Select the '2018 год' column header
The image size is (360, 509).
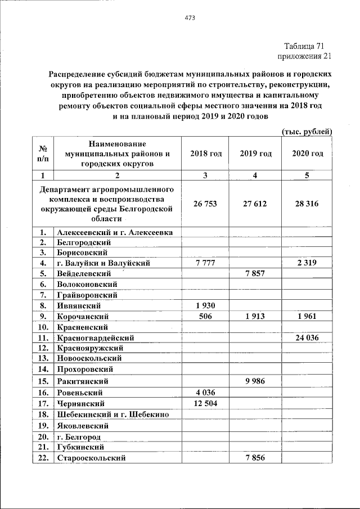pyautogui.click(x=206, y=154)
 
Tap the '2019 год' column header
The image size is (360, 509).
pyautogui.click(x=255, y=154)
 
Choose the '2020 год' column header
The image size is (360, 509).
pyautogui.click(x=307, y=154)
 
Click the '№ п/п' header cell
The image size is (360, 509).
pyautogui.click(x=42, y=154)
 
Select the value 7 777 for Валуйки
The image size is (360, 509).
pyautogui.click(x=205, y=263)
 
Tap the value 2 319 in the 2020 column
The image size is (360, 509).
pyautogui.click(x=307, y=263)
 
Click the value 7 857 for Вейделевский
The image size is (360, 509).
pyautogui.click(x=255, y=273)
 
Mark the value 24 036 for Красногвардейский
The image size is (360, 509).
pyautogui.click(x=307, y=337)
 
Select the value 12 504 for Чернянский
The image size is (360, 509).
pyautogui.click(x=205, y=403)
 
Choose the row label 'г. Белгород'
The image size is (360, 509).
pyautogui.click(x=79, y=436)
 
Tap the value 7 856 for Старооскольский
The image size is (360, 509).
pyautogui.click(x=255, y=458)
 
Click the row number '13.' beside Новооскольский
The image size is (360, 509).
pyautogui.click(x=42, y=358)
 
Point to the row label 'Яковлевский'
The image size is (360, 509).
pyautogui.click(x=82, y=426)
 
